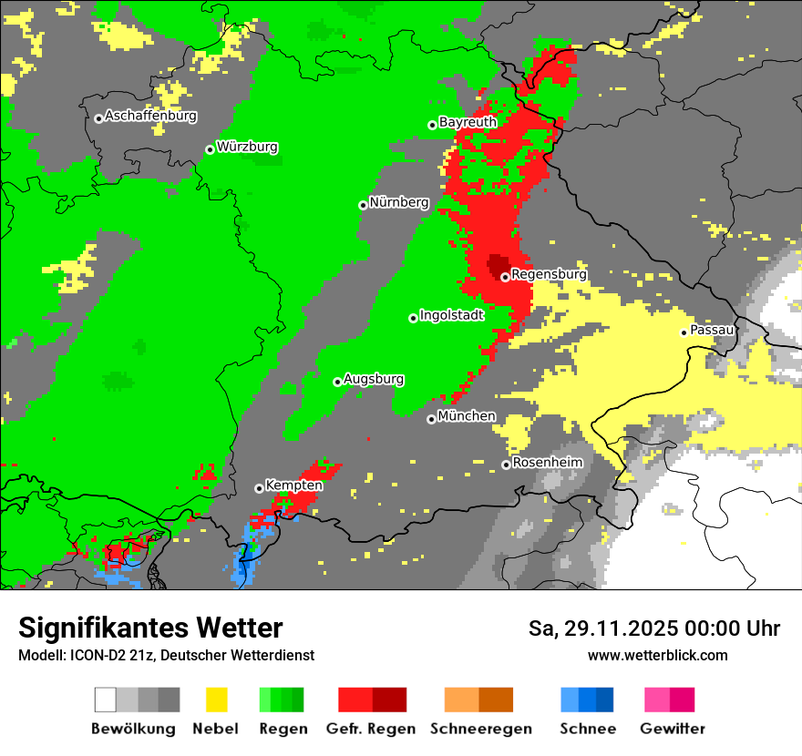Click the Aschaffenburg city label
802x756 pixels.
pos(150,117)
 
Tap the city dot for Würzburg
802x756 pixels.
pos(210,149)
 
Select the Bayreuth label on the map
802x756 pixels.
pos(468,122)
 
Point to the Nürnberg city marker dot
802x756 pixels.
pos(363,205)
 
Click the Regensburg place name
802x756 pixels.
pos(549,274)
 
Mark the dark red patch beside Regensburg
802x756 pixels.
pos(498,265)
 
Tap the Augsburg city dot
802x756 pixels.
pos(337,382)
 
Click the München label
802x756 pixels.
pos(467,416)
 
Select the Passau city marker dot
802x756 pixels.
pos(684,332)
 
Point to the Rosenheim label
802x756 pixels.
pos(547,463)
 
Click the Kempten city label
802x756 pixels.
pos(293,485)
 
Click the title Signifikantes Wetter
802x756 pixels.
pos(150,628)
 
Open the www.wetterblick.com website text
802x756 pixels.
pos(657,655)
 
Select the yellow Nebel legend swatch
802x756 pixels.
pos(216,700)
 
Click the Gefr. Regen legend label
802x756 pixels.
pos(371,729)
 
